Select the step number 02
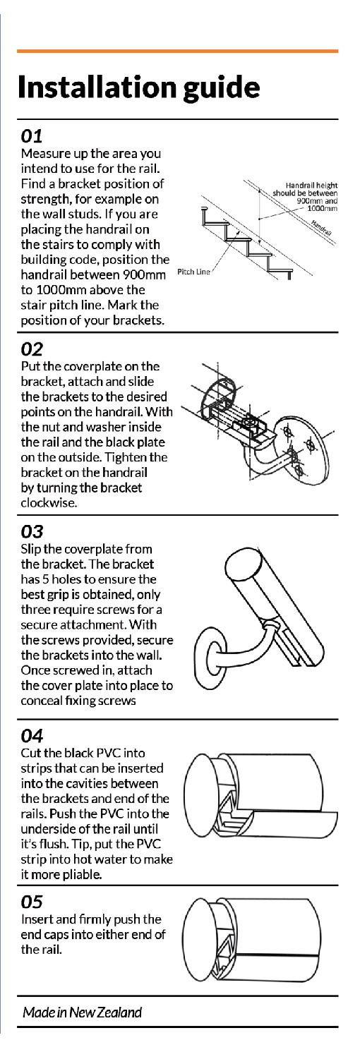tap(33, 349)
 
